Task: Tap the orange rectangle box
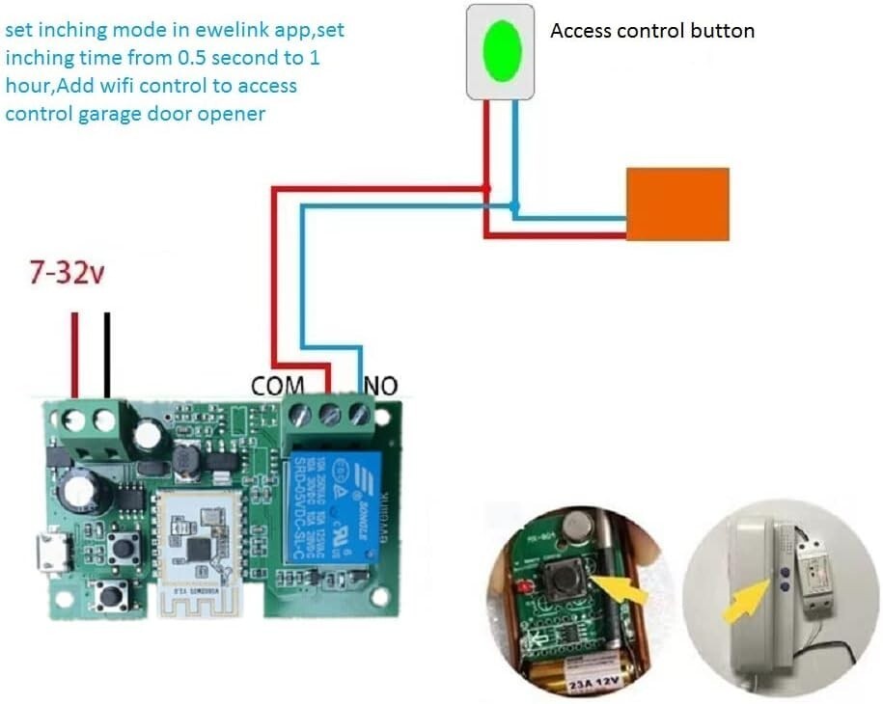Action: point(677,203)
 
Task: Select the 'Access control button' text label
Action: point(652,31)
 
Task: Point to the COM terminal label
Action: point(277,386)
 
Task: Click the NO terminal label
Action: point(380,386)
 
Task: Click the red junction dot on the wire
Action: point(487,188)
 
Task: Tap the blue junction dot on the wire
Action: point(514,205)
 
